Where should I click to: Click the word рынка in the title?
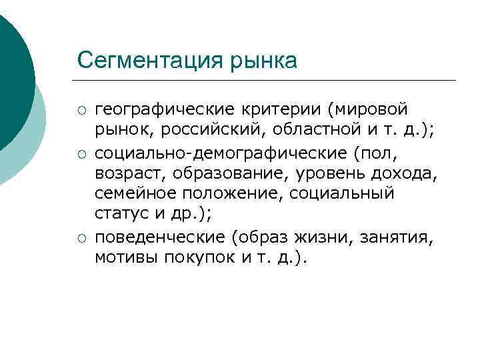click(x=264, y=61)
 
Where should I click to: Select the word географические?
click(x=165, y=108)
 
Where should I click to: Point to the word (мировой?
click(x=372, y=108)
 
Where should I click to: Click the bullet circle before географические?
click(x=82, y=109)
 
